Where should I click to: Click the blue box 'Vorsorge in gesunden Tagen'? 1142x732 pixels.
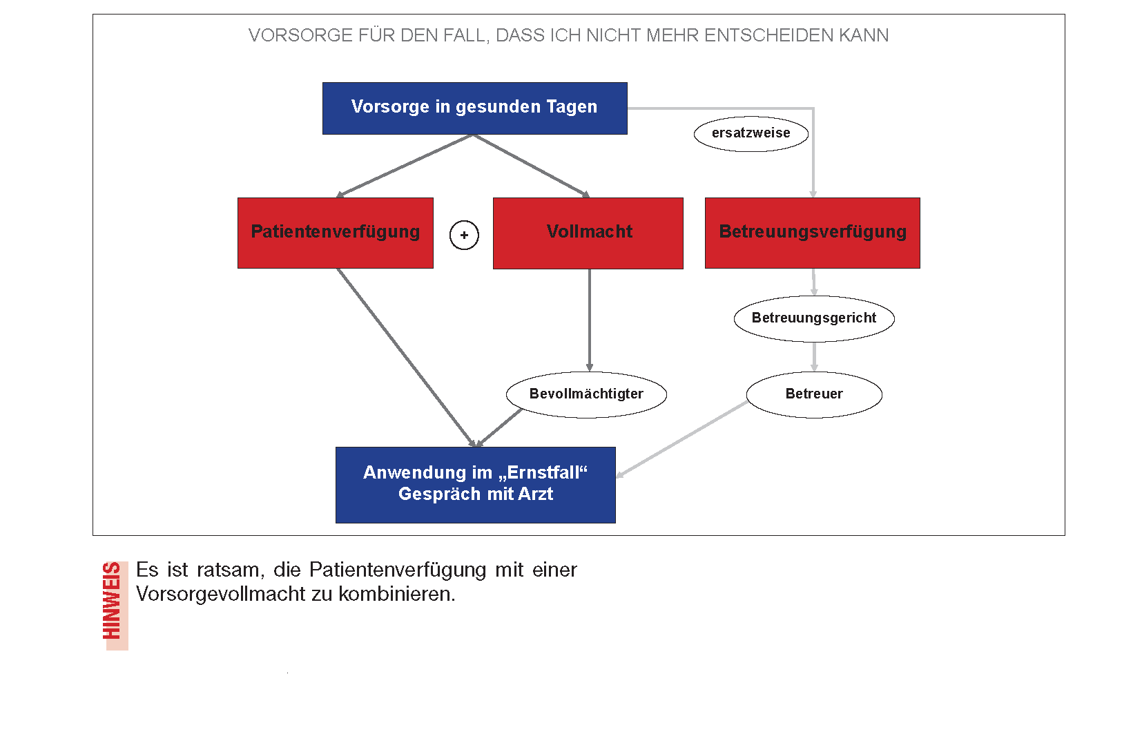(x=474, y=108)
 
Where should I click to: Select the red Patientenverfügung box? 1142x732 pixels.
(x=336, y=233)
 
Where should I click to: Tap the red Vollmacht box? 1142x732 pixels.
(x=588, y=233)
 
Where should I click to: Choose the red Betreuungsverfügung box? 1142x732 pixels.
(x=813, y=233)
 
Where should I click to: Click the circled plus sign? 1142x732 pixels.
(x=464, y=235)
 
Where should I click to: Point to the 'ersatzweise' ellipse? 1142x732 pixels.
(x=751, y=134)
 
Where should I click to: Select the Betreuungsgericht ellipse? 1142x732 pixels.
(x=813, y=318)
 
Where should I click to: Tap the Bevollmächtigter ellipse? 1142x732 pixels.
(x=586, y=394)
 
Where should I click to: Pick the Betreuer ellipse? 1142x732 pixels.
(x=814, y=394)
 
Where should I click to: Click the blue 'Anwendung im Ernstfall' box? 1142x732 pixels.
(x=476, y=485)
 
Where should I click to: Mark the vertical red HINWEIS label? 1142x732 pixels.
(x=112, y=601)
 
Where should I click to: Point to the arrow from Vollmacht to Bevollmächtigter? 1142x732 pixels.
(x=590, y=320)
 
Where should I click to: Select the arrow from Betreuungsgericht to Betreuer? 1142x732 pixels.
(x=814, y=357)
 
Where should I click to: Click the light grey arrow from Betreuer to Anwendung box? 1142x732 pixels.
(x=682, y=439)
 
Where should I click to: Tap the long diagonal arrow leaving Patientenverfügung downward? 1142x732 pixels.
(x=406, y=358)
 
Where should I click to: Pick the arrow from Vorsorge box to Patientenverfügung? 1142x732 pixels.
(x=405, y=166)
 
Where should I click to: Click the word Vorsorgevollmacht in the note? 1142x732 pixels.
(x=221, y=595)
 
